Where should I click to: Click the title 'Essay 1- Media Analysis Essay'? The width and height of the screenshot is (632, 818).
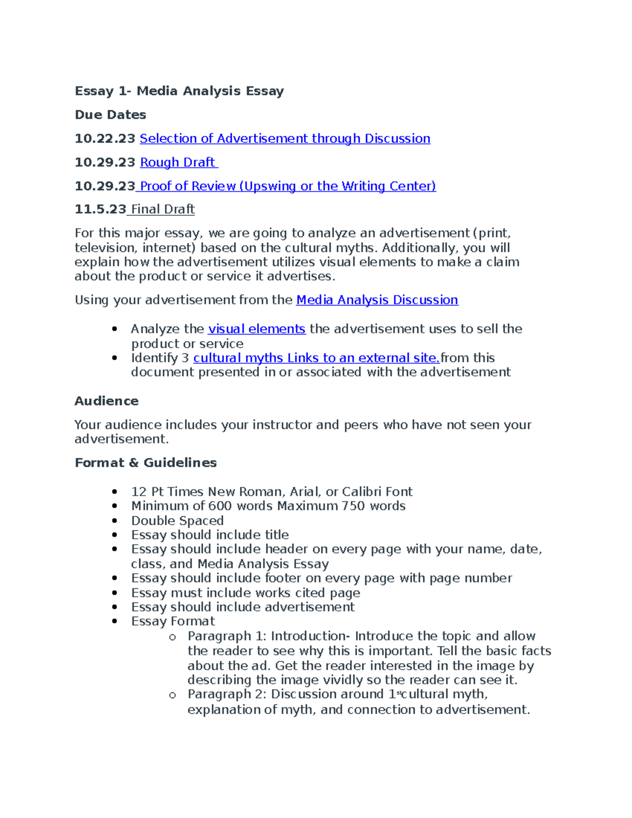tap(179, 91)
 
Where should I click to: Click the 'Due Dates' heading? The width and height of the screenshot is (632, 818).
tap(110, 115)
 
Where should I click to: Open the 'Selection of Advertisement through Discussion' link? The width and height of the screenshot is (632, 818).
tap(284, 139)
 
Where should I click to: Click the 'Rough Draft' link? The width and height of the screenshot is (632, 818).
tap(178, 162)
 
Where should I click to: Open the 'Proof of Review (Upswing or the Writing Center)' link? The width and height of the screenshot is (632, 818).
tap(288, 186)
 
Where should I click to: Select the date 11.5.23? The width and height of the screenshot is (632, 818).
tap(100, 210)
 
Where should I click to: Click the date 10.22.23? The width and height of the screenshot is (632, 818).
tap(105, 139)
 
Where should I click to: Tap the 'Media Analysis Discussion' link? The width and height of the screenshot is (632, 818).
tap(377, 300)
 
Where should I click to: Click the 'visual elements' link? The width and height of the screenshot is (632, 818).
tap(256, 329)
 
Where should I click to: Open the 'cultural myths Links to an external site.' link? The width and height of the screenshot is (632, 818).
tap(316, 358)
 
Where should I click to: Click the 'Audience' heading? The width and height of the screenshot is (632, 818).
tap(106, 401)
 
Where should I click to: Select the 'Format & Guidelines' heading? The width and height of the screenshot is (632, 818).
tap(145, 462)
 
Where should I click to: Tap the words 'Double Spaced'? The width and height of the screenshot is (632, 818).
tap(177, 520)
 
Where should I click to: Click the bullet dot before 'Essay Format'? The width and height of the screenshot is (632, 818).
tap(115, 622)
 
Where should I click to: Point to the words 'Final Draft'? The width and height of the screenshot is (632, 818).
tap(162, 210)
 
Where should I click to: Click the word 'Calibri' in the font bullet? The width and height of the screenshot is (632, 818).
tap(362, 492)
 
